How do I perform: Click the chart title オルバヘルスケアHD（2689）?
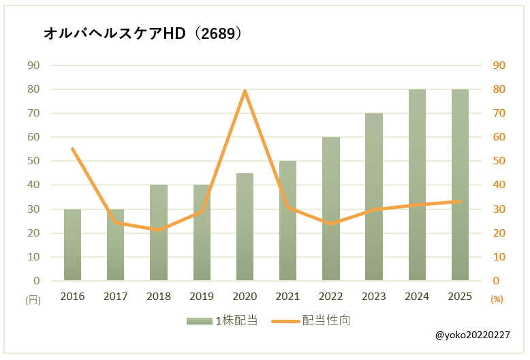142,33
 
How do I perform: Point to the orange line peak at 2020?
245,91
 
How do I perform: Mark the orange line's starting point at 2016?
72,149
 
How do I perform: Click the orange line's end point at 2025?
460,201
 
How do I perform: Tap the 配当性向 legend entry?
311,320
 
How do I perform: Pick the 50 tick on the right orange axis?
499,161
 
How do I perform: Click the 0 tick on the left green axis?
37,281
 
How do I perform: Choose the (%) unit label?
497,299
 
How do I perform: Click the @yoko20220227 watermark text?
472,335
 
